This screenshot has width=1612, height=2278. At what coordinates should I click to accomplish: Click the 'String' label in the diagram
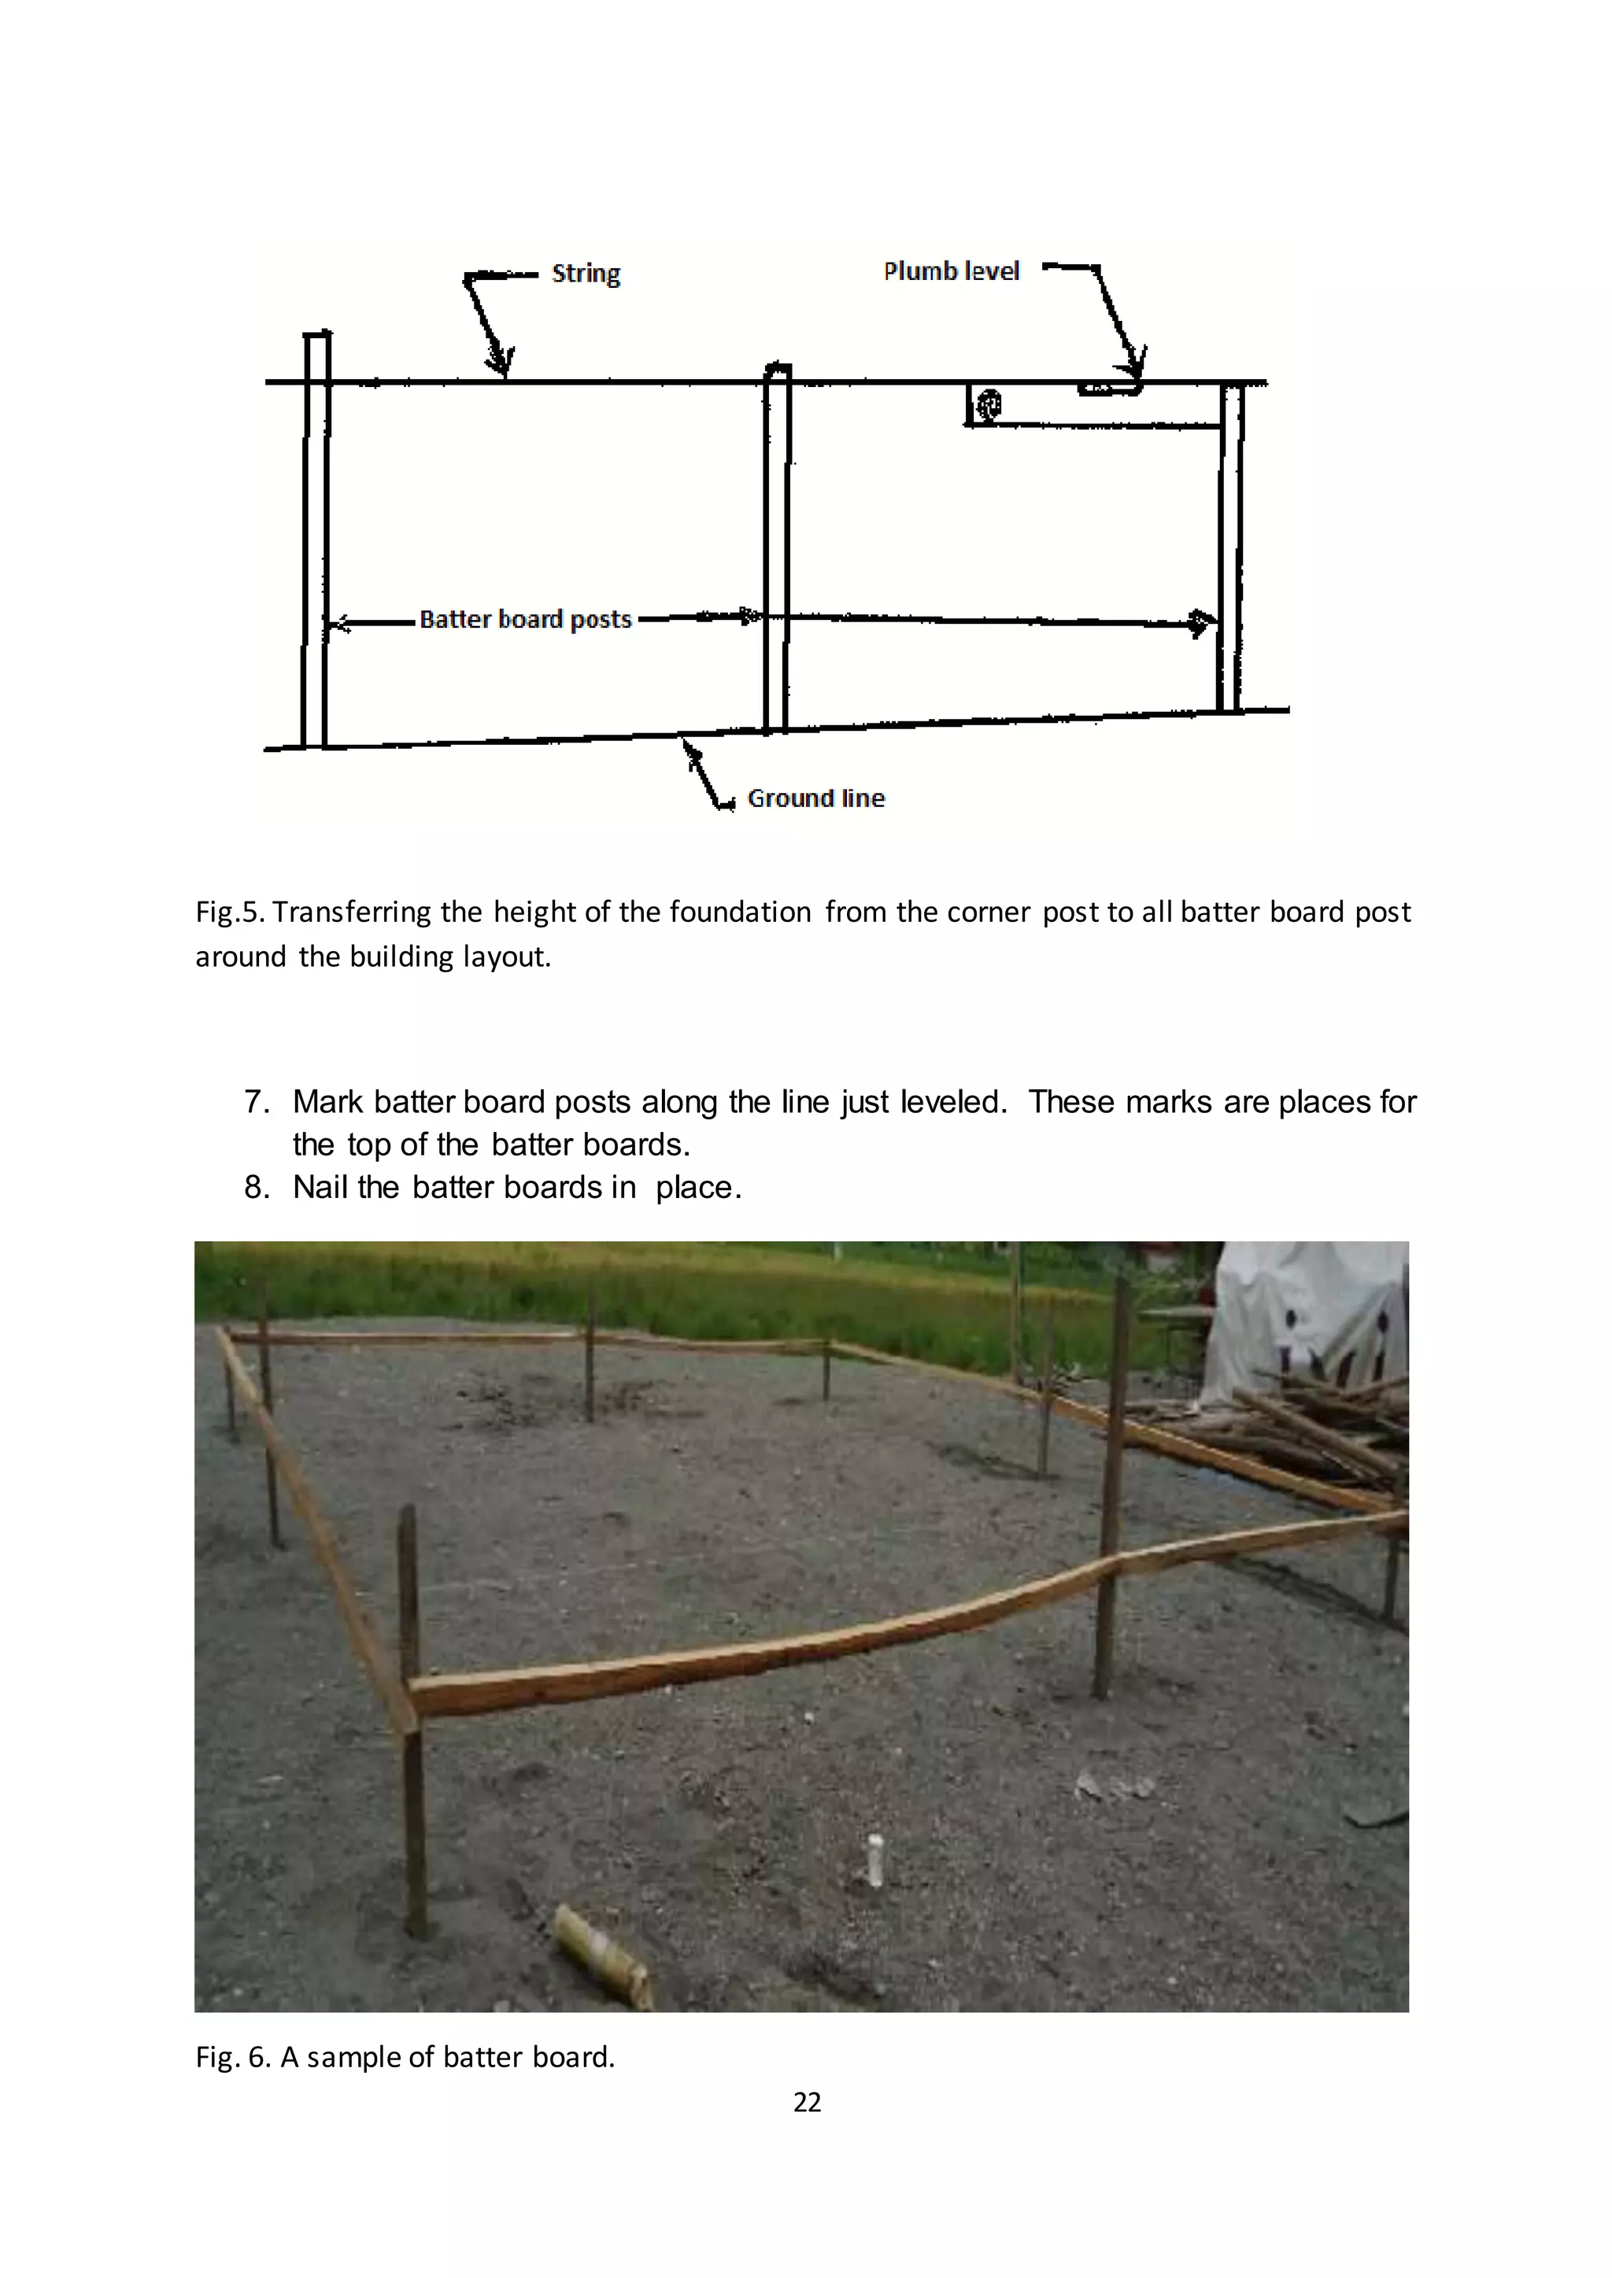tap(586, 273)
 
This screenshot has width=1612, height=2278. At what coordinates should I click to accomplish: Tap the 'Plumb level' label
tap(951, 271)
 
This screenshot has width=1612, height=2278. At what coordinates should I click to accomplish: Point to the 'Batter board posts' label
tap(525, 619)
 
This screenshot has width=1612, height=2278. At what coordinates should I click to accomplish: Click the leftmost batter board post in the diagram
tap(316, 540)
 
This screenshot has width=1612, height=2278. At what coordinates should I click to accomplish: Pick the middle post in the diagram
tap(776, 551)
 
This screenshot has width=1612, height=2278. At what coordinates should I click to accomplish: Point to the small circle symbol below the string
tap(989, 404)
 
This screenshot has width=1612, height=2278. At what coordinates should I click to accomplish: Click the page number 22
tap(807, 2103)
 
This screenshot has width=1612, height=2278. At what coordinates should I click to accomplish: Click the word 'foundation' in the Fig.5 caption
tap(741, 912)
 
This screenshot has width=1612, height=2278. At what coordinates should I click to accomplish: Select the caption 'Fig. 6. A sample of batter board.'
tap(405, 2057)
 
